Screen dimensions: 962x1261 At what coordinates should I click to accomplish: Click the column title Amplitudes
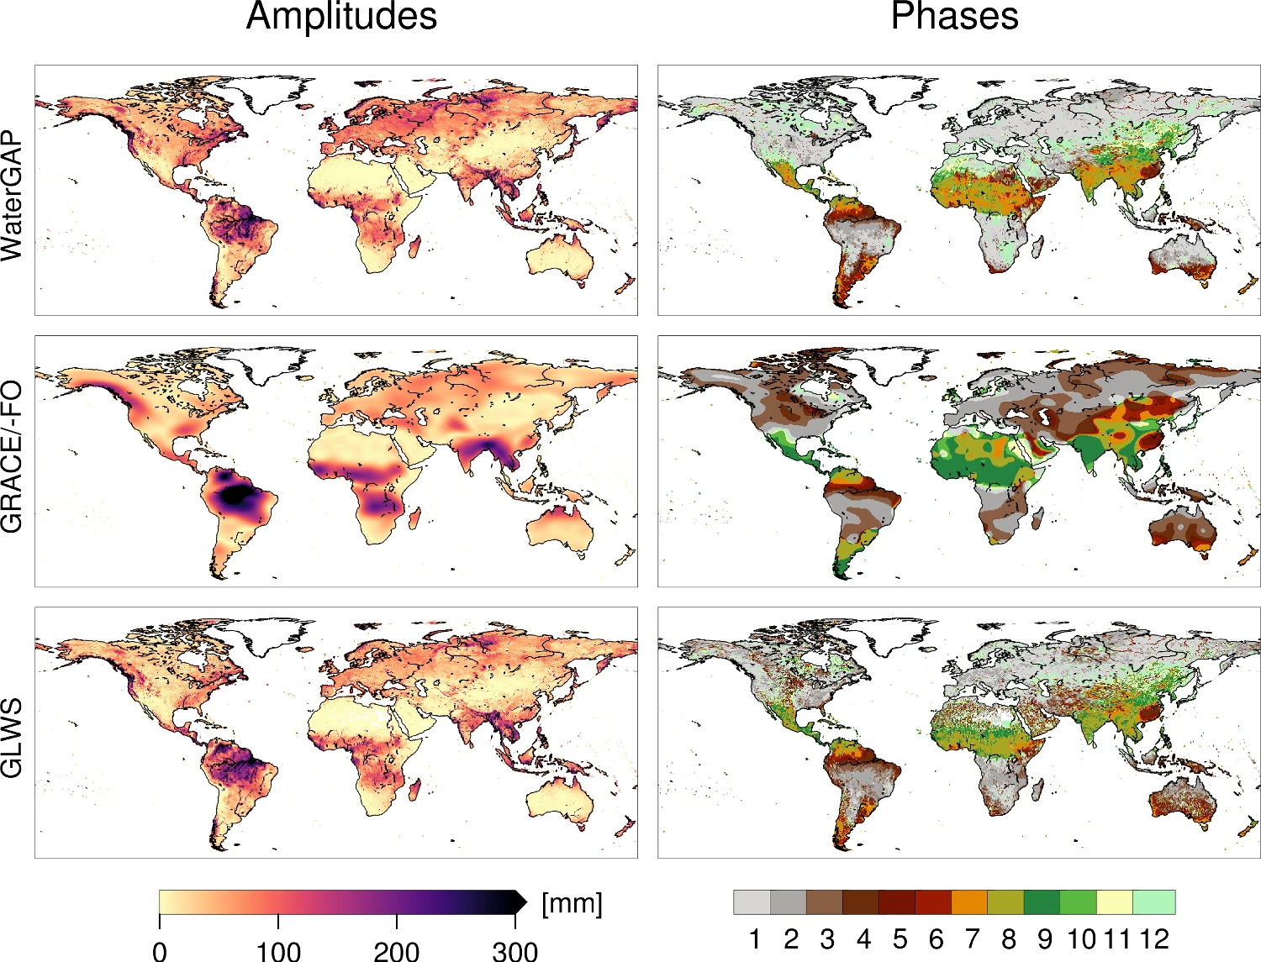click(x=341, y=17)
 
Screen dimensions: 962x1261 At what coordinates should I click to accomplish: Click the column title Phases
click(x=954, y=17)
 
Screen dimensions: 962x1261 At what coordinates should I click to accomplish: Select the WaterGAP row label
click(x=13, y=196)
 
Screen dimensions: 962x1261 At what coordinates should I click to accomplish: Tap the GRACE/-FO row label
click(x=13, y=458)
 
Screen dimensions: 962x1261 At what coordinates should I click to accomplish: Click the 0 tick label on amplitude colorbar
click(x=160, y=950)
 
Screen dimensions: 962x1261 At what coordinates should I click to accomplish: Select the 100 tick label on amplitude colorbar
click(x=278, y=950)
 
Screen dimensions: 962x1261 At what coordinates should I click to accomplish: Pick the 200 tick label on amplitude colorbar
click(x=397, y=950)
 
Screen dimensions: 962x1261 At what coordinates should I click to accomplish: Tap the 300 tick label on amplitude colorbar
click(x=514, y=950)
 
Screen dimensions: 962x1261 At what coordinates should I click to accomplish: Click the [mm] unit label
click(x=572, y=904)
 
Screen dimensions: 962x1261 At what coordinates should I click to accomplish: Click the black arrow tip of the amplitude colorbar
click(x=520, y=902)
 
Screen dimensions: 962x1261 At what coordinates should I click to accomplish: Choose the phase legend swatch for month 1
click(x=752, y=902)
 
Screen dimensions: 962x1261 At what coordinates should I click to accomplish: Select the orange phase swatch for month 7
click(x=969, y=902)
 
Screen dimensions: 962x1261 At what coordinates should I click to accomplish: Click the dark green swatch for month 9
click(x=1042, y=902)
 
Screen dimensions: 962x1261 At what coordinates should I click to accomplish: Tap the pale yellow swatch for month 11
click(x=1115, y=902)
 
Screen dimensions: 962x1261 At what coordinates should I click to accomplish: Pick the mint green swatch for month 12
click(x=1153, y=902)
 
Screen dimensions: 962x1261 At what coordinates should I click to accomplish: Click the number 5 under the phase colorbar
click(x=900, y=938)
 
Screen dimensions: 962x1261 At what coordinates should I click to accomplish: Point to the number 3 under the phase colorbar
click(x=827, y=938)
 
